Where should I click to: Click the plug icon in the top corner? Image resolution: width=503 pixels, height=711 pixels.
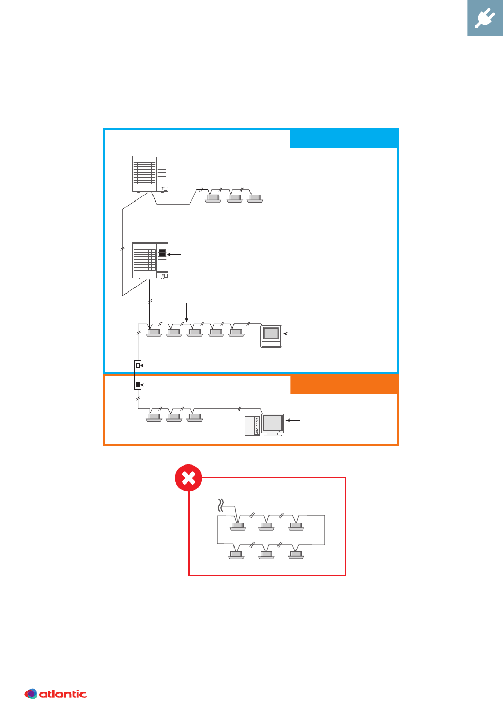tap(484, 19)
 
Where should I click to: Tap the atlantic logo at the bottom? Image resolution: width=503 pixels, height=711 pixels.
tap(56, 694)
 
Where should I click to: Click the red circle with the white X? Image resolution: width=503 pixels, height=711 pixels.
tap(188, 478)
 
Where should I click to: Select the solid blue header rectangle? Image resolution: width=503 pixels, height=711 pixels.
tap(343, 139)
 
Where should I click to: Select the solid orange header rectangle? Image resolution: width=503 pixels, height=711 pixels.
tap(344, 385)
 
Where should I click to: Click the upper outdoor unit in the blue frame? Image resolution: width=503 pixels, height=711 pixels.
tap(150, 174)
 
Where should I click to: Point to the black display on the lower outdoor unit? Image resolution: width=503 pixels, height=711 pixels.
tap(163, 252)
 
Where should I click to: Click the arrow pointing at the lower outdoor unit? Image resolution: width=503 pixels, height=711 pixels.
tap(175, 255)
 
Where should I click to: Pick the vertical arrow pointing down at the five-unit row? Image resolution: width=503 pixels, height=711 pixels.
tap(187, 312)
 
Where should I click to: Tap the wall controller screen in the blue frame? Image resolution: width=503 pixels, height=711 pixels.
tap(271, 333)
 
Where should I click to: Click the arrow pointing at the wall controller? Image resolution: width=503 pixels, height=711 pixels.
tap(291, 334)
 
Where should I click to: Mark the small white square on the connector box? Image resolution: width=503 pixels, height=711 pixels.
tap(138, 365)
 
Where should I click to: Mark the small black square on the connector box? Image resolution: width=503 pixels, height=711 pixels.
tap(138, 385)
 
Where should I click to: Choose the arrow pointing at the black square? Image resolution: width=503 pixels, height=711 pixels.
tap(149, 385)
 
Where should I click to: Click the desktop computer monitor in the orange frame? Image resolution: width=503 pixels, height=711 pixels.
tap(273, 423)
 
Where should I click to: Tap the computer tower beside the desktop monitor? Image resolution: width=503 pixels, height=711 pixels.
tap(252, 426)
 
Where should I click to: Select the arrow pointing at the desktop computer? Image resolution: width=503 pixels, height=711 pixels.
tap(293, 420)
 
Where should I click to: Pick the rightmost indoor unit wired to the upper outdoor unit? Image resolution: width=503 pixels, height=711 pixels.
tap(255, 198)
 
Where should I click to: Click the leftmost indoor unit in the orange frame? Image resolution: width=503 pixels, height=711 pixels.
tap(154, 417)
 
